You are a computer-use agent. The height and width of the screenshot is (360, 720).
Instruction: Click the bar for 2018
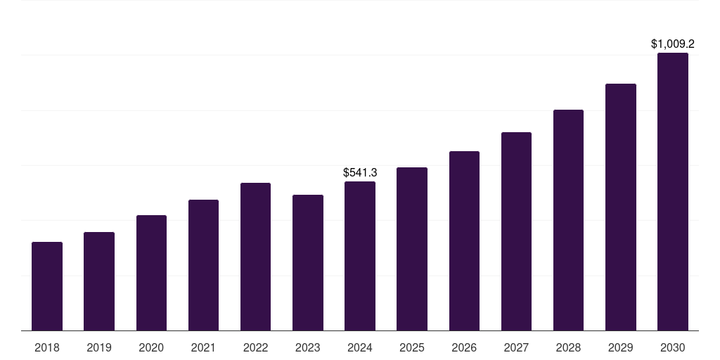(x=47, y=286)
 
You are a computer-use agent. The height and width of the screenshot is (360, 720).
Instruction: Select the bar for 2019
(x=99, y=281)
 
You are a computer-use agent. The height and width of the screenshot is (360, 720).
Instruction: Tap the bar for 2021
(x=203, y=265)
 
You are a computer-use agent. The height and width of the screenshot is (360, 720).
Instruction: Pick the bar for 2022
(x=255, y=257)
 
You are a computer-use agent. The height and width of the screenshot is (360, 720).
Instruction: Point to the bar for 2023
(x=308, y=262)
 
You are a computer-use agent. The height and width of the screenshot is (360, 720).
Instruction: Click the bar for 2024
(x=360, y=256)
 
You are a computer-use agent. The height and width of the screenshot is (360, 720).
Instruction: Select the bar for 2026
(x=464, y=240)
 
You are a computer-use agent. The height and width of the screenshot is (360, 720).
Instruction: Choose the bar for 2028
(x=568, y=220)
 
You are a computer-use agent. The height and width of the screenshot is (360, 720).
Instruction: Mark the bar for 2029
(x=621, y=207)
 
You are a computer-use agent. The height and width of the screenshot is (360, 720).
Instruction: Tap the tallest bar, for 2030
(x=673, y=191)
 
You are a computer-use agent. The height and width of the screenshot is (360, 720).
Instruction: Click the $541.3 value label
(x=360, y=172)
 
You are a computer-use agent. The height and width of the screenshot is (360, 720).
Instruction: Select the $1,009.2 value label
(x=673, y=44)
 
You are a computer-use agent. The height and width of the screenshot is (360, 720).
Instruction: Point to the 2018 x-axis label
(x=47, y=347)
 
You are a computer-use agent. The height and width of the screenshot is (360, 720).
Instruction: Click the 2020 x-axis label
(x=151, y=347)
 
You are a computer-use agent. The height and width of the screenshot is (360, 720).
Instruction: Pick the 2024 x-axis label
(x=360, y=347)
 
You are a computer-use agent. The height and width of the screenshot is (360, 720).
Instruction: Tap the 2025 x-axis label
(x=412, y=347)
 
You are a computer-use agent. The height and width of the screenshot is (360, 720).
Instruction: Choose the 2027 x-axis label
(x=516, y=347)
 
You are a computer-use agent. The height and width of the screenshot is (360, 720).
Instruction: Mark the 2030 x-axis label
(x=673, y=347)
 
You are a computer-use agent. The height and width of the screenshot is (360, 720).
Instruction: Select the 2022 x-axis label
(x=255, y=347)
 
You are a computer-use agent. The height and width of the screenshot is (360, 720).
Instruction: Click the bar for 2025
(x=412, y=249)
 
